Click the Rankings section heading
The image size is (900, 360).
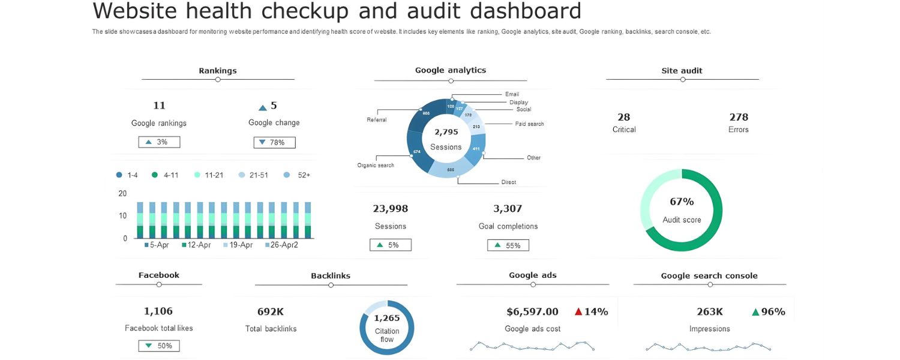(x=218, y=71)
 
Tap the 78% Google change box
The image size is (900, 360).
(x=274, y=142)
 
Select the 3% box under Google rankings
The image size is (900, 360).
(x=159, y=142)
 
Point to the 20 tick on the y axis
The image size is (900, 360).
(x=122, y=193)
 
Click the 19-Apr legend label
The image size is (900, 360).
(x=238, y=245)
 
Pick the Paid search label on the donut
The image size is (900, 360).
(x=529, y=124)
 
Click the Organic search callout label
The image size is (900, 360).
(x=376, y=165)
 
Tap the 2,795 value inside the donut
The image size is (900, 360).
(x=446, y=132)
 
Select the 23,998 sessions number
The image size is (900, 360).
(x=391, y=209)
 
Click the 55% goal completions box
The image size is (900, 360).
(x=508, y=245)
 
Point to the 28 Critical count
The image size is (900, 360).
(x=624, y=117)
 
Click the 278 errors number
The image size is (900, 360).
(x=739, y=117)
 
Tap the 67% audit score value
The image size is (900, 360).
(x=682, y=202)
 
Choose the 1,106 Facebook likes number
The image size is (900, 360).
(x=158, y=311)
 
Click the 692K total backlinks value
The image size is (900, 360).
(x=271, y=311)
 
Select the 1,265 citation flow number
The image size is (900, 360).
(x=387, y=318)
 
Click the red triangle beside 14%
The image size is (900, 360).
(x=578, y=311)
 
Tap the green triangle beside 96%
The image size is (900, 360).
(x=755, y=311)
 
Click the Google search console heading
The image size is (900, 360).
(x=709, y=276)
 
